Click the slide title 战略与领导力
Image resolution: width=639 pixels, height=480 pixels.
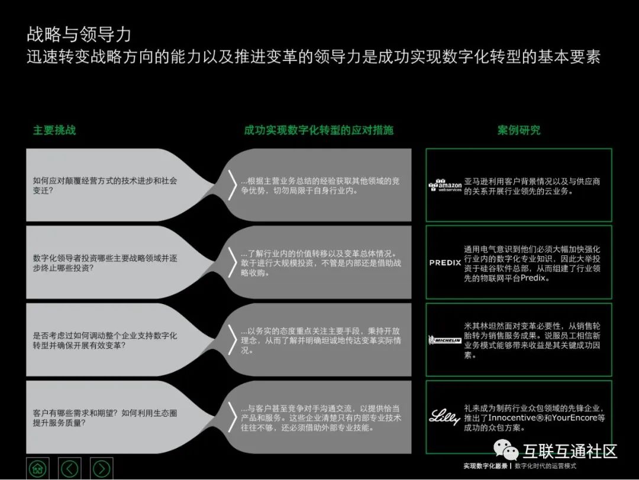point(79,34)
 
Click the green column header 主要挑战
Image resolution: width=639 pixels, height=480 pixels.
point(54,130)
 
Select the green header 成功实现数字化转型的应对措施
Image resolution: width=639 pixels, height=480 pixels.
point(318,130)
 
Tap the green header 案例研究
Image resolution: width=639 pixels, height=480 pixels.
point(519,130)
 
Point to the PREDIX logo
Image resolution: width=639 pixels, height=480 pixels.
point(445,263)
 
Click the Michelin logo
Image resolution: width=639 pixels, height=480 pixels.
point(445,340)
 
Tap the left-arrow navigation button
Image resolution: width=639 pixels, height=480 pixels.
point(70,469)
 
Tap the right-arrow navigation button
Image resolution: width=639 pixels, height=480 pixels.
point(102,469)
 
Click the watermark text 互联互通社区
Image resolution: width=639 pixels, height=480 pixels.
point(570,452)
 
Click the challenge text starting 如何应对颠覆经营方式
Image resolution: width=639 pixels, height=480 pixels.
point(105,185)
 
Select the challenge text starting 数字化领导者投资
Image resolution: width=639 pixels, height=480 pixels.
point(105,263)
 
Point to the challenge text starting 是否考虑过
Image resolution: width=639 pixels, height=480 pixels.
point(105,340)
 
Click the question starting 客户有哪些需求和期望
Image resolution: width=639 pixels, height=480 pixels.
point(105,417)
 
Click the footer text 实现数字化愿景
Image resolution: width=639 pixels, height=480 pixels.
point(486,467)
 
